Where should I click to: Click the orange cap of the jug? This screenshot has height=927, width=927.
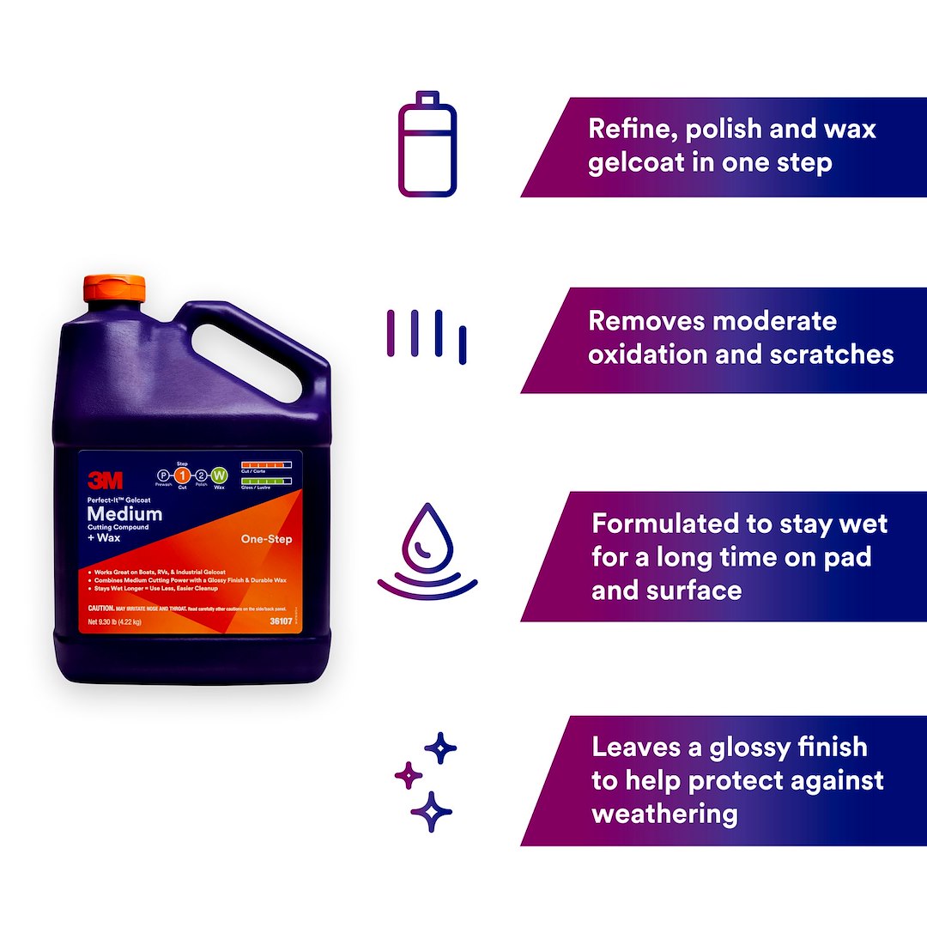click(x=114, y=288)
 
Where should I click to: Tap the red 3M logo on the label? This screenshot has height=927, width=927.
click(x=105, y=481)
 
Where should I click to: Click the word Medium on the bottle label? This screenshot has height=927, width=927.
click(x=124, y=514)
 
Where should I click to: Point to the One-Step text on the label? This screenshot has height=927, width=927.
click(x=267, y=539)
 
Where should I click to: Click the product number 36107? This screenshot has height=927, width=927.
click(x=280, y=621)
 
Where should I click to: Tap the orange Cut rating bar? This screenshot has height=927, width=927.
click(x=266, y=464)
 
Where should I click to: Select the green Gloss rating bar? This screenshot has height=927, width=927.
click(x=266, y=481)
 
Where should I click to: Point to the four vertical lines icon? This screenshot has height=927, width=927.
click(x=427, y=334)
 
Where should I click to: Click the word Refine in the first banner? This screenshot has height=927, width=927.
click(x=626, y=129)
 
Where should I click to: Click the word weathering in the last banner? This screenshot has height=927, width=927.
click(x=665, y=814)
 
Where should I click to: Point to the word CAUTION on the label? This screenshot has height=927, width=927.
click(x=101, y=608)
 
